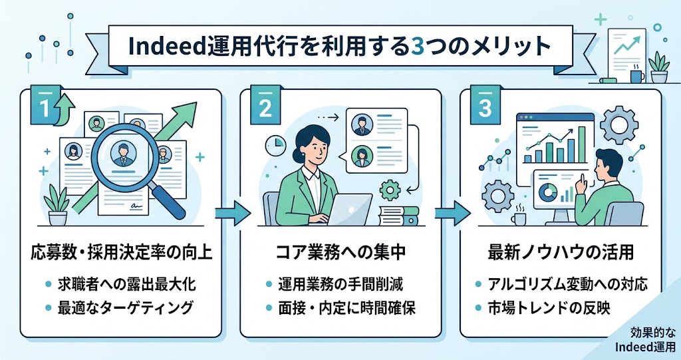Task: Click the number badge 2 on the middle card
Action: pyautogui.click(x=265, y=106)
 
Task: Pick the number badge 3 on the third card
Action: pyautogui.click(x=485, y=106)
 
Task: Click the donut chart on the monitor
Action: pyautogui.click(x=548, y=192)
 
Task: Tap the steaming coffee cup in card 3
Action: pyautogui.click(x=519, y=216)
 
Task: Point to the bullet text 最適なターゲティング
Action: pyautogui.click(x=126, y=308)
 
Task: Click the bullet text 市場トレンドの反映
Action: pyautogui.click(x=549, y=308)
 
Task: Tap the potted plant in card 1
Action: pyautogui.click(x=59, y=205)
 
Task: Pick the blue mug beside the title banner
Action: pyautogui.click(x=637, y=75)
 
